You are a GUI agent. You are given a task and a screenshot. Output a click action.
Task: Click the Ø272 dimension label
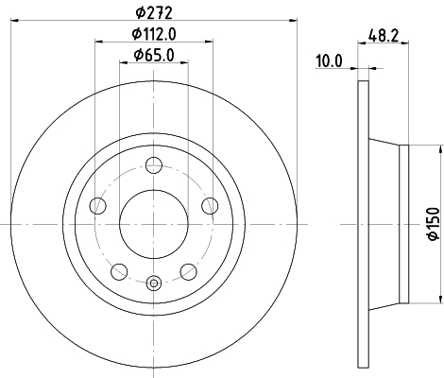[154, 13]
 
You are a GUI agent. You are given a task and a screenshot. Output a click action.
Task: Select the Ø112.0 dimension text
[154, 34]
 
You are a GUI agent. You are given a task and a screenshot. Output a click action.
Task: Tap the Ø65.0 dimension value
[154, 55]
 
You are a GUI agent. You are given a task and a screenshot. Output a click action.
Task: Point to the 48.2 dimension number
[384, 35]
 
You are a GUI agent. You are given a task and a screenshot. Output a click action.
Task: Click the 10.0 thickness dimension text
[329, 60]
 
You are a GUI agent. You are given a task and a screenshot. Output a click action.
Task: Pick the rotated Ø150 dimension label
[434, 224]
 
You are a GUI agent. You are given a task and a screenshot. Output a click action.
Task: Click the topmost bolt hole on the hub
[154, 164]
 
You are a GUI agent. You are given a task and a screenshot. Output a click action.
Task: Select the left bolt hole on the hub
[97, 206]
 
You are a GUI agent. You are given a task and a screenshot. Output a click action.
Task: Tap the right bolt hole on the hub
[210, 206]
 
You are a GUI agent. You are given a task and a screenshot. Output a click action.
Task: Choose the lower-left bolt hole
[119, 271]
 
